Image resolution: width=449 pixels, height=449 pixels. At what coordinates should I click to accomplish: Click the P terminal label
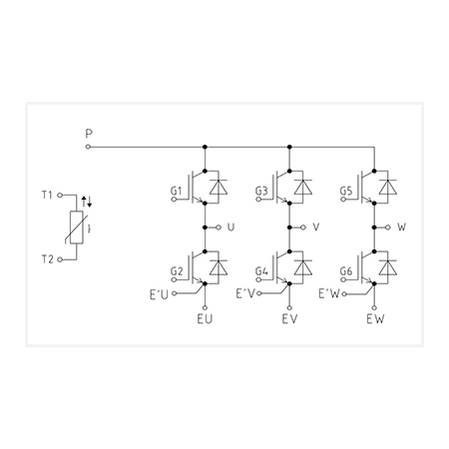[x=89, y=134]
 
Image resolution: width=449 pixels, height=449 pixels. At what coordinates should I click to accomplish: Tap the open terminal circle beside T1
[x=60, y=196]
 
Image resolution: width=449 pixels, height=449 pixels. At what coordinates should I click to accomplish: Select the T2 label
[x=47, y=259]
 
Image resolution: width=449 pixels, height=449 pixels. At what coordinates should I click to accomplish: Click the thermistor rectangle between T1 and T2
[x=77, y=227]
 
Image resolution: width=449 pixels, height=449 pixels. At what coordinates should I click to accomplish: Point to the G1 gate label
[x=177, y=191]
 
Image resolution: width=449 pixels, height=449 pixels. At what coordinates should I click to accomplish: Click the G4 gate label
[x=261, y=271]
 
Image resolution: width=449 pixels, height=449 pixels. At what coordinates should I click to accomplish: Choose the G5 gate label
[x=346, y=191]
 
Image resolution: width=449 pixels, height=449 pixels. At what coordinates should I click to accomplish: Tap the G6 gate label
[x=346, y=271]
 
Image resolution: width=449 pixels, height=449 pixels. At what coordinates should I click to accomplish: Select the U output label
[x=230, y=227]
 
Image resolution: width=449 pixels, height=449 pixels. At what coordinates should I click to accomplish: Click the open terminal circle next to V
[x=303, y=227]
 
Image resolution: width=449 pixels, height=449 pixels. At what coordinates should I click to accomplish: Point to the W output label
[x=402, y=227]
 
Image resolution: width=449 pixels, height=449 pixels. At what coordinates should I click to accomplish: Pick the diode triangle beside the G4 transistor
[x=303, y=267]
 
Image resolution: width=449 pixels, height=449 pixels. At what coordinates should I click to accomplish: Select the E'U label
[x=159, y=294]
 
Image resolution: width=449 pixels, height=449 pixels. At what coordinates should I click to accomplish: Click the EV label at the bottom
[x=289, y=319]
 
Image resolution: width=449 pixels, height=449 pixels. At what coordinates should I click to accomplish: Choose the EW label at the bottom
[x=375, y=319]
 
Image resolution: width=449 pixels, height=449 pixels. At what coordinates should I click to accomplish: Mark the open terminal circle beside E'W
[x=344, y=294]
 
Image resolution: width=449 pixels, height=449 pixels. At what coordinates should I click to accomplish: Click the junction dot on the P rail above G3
[x=289, y=147]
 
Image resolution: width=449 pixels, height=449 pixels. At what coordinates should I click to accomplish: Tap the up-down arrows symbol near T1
[x=87, y=202]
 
